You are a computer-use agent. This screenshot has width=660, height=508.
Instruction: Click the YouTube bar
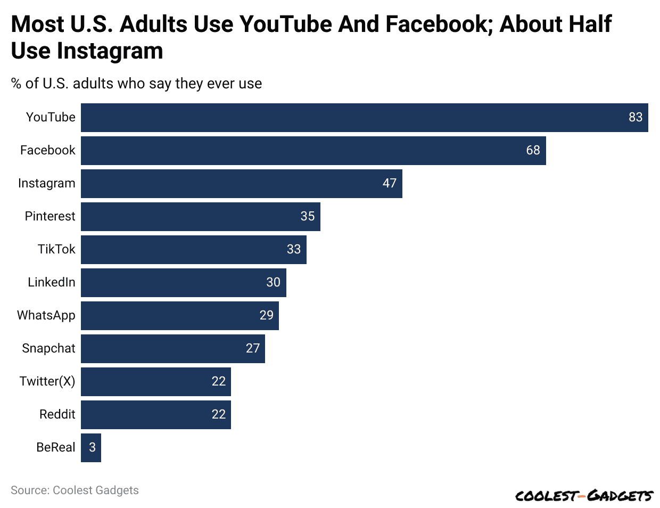pos(364,118)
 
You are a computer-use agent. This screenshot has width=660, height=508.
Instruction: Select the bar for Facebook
pos(313,151)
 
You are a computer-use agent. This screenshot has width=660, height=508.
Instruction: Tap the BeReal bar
pos(91,448)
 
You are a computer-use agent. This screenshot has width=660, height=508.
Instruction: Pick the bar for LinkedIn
pos(183,283)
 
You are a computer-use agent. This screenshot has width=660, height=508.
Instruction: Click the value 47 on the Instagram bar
pos(390,183)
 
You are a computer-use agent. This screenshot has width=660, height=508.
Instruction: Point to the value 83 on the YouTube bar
pos(636,117)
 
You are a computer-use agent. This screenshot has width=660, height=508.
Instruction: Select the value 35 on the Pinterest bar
pos(308,216)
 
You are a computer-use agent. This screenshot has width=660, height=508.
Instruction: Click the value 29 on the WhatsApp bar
pos(266,315)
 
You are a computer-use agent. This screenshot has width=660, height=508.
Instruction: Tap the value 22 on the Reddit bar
pos(219,414)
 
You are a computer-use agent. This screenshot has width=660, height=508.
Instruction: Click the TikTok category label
pos(56,249)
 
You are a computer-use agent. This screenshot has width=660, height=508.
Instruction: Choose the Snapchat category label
pos(48,348)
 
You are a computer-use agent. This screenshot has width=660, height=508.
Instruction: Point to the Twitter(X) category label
pos(47,381)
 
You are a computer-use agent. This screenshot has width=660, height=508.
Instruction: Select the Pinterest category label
pos(50,216)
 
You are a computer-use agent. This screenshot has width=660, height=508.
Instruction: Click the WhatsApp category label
pos(46,315)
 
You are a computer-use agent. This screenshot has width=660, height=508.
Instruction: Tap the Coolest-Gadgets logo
pos(584,496)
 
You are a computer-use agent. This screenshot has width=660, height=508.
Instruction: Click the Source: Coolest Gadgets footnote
pos(75,490)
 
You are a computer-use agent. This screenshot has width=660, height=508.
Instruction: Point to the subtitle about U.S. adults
pos(136,84)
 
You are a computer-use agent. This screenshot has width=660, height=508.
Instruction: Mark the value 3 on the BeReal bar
pos(92,447)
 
